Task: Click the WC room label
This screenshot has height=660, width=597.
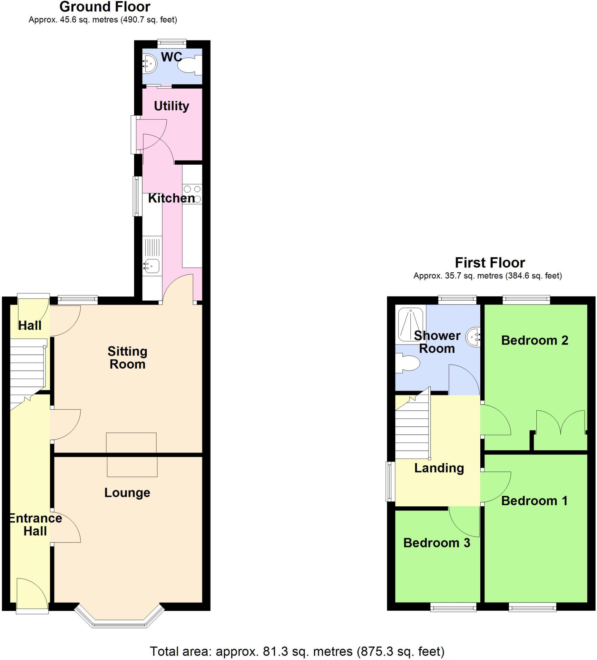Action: pos(171,57)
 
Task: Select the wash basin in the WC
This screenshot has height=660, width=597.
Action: pos(150,63)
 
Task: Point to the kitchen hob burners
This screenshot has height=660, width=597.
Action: pos(192,194)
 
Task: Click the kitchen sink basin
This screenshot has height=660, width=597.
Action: pos(152,266)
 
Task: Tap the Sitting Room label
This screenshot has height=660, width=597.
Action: pos(127,357)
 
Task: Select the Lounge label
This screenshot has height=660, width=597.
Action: pos(127,492)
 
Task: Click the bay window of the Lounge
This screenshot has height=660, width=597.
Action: pos(119,618)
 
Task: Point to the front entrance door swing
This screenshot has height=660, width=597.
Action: pos(31,592)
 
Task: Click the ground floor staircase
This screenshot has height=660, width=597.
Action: pos(27,373)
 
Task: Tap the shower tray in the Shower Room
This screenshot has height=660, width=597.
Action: pos(410,324)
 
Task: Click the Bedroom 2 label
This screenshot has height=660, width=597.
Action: pos(534,341)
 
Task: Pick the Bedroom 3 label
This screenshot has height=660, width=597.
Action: pos(436,543)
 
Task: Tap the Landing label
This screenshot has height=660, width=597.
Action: pos(439,468)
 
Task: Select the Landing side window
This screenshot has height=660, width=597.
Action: pos(390,481)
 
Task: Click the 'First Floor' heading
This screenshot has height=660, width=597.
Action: pos(490,263)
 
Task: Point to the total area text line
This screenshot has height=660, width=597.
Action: pos(297,651)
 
